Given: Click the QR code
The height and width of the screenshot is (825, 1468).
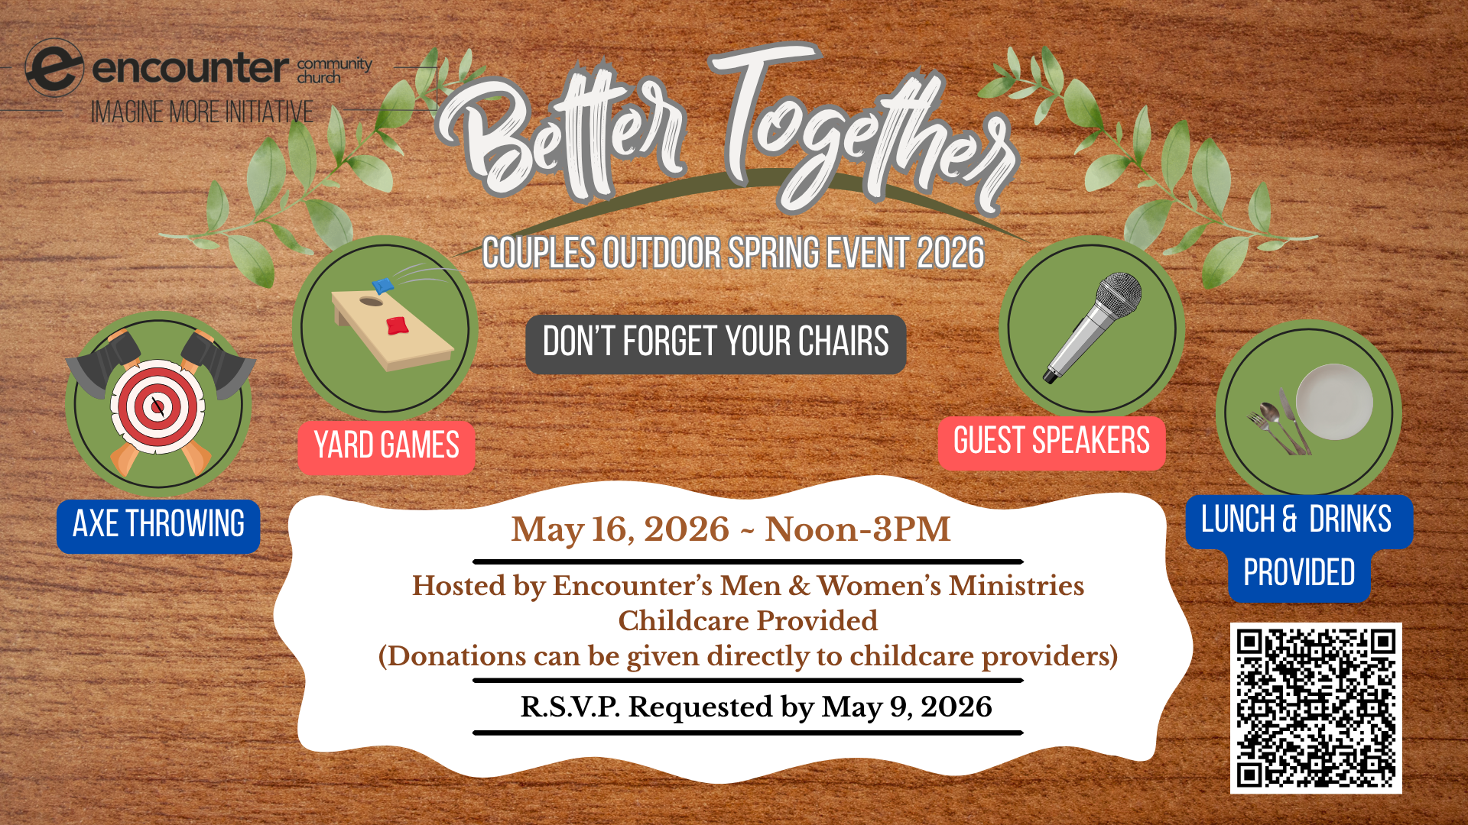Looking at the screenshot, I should tap(1315, 708).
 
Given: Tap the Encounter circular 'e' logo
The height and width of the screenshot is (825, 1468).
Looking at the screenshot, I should tap(54, 68).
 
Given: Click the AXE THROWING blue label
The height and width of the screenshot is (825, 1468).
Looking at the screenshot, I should tap(158, 526).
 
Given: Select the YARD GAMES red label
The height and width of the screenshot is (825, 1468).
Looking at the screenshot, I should tap(386, 447).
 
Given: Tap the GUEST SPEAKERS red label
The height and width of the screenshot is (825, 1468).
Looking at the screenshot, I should tap(1051, 442).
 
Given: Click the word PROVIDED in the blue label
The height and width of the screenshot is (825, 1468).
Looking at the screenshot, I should tap(1299, 573).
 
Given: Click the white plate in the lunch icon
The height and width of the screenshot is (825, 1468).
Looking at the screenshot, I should tap(1335, 401).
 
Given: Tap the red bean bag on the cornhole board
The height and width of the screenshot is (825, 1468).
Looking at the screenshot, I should tap(397, 325).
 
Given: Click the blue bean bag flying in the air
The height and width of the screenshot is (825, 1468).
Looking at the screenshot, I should tap(383, 286).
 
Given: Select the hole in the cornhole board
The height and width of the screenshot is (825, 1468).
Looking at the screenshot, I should tap(371, 302).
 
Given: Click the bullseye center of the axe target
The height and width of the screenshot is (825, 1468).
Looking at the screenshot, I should tap(158, 405).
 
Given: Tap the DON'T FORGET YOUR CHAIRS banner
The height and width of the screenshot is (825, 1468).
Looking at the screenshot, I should tap(716, 343).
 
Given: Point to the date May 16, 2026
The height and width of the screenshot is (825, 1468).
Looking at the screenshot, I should tap(620, 529).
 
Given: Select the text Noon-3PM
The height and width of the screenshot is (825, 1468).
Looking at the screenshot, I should tap(857, 529).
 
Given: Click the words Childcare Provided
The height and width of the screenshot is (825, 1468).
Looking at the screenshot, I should tap(748, 621).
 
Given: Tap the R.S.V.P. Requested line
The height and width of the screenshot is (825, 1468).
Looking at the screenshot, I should tap(755, 707).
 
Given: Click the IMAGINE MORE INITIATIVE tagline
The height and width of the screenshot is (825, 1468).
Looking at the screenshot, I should tap(202, 113).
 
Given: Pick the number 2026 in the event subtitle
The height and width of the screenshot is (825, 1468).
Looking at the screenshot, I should tap(950, 254).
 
